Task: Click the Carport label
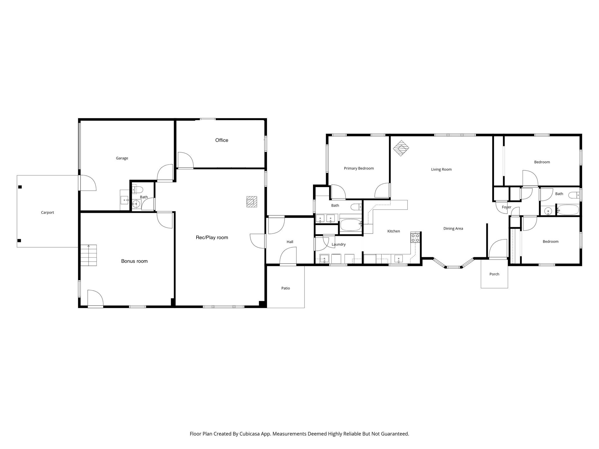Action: [47, 213]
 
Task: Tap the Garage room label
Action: [122, 158]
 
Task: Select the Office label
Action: [222, 140]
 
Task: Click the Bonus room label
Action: [134, 261]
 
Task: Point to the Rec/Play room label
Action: [212, 238]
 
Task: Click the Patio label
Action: [285, 288]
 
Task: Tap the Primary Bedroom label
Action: [359, 168]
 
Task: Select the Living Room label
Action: [441, 169]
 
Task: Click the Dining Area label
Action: [453, 229]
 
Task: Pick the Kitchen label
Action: [394, 231]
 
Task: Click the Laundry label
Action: [339, 244]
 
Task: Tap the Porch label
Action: [494, 274]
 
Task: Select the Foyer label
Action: [507, 207]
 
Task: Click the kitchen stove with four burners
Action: [415, 238]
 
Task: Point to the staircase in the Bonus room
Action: [89, 255]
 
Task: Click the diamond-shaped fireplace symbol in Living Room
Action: [401, 148]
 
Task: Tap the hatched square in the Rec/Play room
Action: [252, 202]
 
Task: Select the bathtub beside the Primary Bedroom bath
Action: [350, 225]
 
